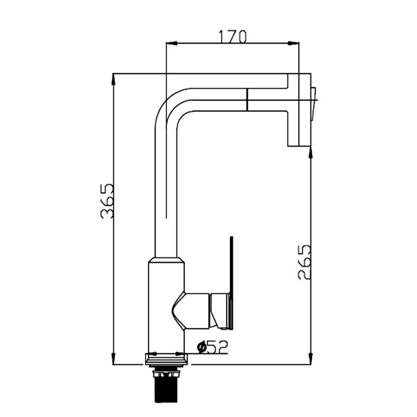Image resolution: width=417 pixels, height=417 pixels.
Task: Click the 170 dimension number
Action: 232,35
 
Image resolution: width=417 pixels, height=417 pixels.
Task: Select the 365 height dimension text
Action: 106,201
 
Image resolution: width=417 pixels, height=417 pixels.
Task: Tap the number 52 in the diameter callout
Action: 218,345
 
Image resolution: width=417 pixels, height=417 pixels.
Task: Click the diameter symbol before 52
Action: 202,345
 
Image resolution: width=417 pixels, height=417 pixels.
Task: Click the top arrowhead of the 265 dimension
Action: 309,149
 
